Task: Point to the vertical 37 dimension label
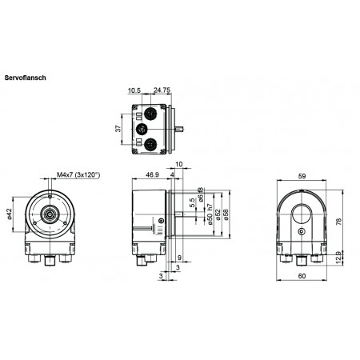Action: tap(118, 127)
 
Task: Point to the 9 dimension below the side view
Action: tap(178, 257)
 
